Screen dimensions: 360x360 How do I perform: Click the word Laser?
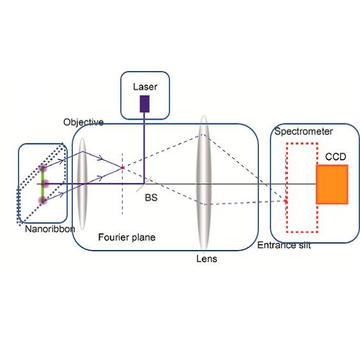point(145,87)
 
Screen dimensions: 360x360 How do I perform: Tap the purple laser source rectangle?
point(145,104)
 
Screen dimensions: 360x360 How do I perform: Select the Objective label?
point(83,122)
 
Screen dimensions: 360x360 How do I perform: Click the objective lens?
point(82,184)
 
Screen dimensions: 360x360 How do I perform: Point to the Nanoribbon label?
point(50,229)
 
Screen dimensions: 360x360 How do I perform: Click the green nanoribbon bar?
point(43,184)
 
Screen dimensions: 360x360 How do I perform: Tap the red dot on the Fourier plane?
point(123,168)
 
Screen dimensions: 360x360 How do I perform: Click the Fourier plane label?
point(127,237)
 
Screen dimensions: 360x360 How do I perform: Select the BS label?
point(152,198)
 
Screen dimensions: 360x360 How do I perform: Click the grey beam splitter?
point(144,184)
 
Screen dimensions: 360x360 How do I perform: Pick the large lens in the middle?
point(204,182)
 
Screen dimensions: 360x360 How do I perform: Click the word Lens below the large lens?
point(207,259)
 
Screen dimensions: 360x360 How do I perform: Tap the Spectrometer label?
point(304,132)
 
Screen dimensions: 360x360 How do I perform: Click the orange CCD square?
point(332,184)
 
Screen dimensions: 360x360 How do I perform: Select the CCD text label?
point(336,157)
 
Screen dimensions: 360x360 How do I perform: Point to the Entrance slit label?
point(284,245)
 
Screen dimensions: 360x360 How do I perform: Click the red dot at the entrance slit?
point(286,201)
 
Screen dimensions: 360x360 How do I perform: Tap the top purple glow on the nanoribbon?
point(43,169)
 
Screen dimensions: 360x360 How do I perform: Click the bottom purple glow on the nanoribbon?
point(43,200)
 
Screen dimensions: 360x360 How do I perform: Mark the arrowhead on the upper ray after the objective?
point(100,158)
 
